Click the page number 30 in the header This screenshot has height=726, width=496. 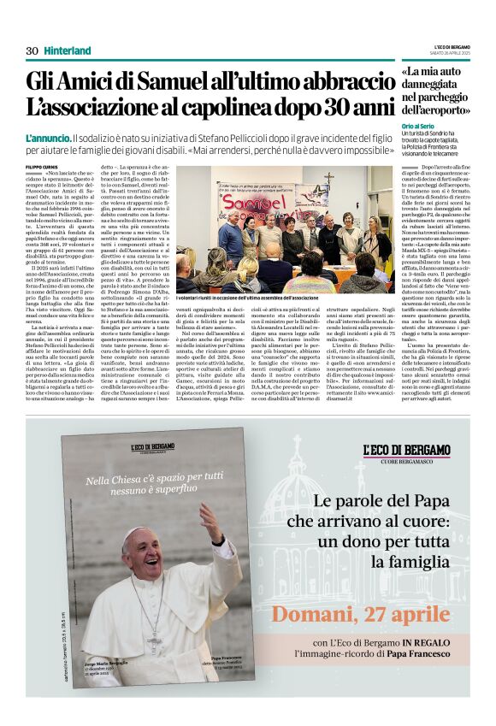click(32, 50)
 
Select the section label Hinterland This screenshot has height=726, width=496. click(68, 50)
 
